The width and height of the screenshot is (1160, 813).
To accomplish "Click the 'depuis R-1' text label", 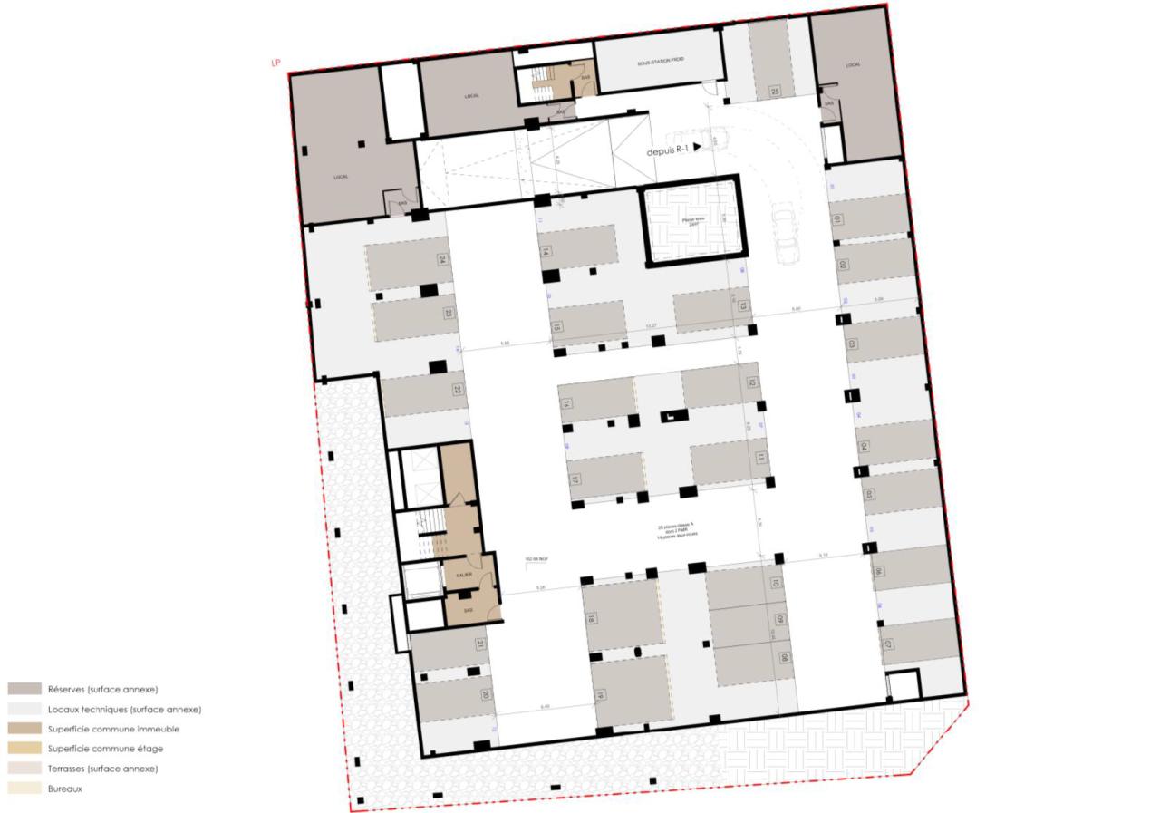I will pos(668,151).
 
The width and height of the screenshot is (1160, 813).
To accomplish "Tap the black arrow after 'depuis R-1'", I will pos(698,147).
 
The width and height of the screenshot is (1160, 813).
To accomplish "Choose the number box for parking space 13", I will pos(742,306).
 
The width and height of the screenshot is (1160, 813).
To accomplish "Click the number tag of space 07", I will pos(889,645).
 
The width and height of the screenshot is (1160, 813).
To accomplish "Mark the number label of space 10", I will pos(776,583).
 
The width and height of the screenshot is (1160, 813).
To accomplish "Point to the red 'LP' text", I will pos(275,63).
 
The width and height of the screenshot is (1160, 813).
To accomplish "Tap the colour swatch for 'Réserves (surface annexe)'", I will pos(24,689).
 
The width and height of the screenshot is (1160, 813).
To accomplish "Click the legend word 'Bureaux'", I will pos(65,789).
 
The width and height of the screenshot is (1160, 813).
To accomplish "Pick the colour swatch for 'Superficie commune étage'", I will pos(24,749).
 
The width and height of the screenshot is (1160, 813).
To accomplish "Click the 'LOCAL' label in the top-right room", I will pos(852,65).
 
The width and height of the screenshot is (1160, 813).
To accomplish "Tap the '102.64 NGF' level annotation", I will pos(537,559).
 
